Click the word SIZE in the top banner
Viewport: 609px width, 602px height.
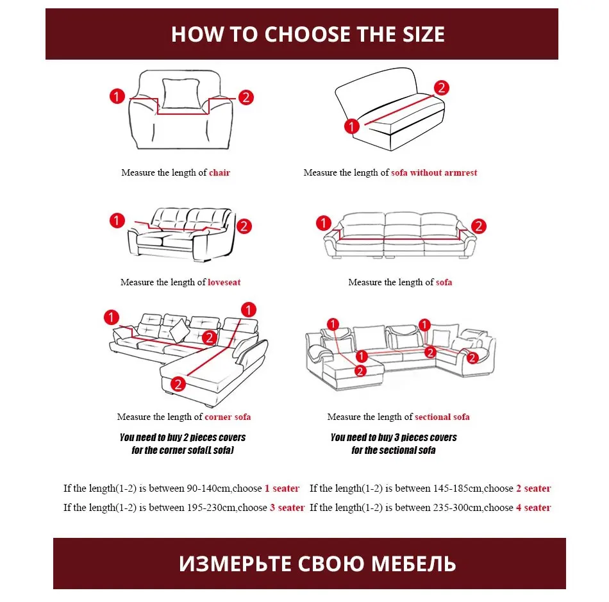click(423, 34)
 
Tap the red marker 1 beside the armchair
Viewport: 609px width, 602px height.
click(117, 96)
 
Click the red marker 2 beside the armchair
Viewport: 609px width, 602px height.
click(246, 97)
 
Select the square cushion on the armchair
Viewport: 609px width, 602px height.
click(181, 94)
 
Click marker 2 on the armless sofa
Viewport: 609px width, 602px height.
click(441, 88)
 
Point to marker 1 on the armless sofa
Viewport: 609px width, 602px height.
click(352, 126)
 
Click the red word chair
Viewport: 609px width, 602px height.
click(219, 172)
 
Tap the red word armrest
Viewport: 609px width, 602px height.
click(460, 172)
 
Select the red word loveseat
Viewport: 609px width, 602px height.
click(224, 282)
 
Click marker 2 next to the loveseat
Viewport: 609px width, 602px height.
click(244, 226)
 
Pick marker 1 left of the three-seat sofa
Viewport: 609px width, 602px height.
click(324, 223)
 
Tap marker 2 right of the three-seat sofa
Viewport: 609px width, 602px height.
click(478, 226)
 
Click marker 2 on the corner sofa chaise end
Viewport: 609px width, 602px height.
click(178, 384)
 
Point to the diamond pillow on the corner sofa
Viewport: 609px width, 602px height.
click(179, 330)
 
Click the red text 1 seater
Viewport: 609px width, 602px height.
click(282, 488)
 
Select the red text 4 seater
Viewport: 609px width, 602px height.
click(533, 508)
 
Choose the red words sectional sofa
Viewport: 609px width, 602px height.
click(442, 417)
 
